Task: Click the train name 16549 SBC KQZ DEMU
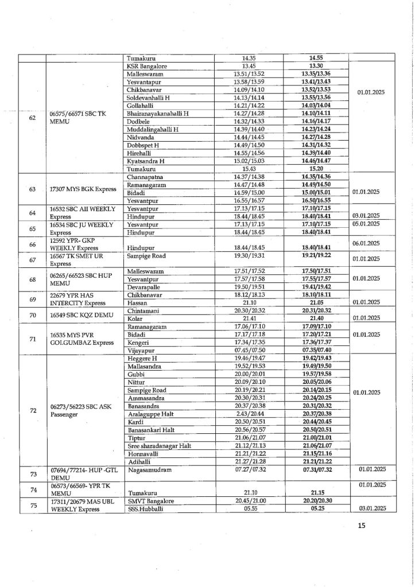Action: (x=81, y=314)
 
